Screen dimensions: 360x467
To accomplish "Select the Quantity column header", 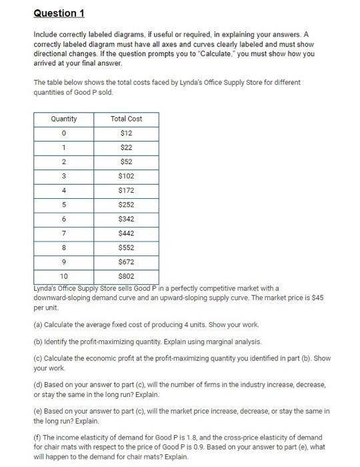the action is (x=63, y=119).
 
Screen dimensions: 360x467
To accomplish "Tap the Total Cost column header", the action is (x=126, y=119).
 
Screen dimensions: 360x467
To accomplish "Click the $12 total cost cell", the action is (x=126, y=133).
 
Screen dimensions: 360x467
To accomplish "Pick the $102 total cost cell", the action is (x=126, y=176).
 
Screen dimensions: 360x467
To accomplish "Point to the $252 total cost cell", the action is (x=126, y=205).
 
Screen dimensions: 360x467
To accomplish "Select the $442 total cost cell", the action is (x=126, y=234).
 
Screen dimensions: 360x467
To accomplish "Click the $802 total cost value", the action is (x=126, y=276).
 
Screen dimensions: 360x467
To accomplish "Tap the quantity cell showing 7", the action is (x=63, y=234).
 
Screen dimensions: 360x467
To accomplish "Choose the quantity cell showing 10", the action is (x=63, y=276).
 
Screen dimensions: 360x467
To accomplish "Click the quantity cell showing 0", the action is (x=63, y=133).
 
